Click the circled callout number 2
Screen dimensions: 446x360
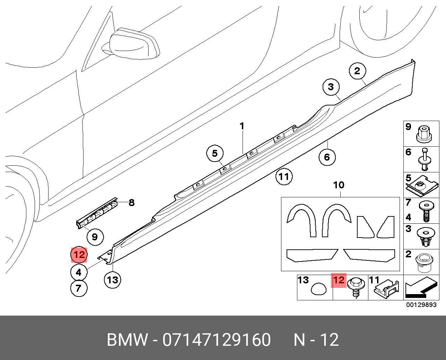coord(357,71)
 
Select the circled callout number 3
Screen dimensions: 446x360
coord(331,87)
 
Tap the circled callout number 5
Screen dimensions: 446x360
coord(215,153)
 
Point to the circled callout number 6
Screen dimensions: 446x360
coord(327,157)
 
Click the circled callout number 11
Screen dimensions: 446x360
coord(284,177)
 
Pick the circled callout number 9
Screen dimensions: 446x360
coord(95,237)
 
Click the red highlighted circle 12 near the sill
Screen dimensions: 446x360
coord(79,255)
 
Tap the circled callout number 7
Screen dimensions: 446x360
coord(79,288)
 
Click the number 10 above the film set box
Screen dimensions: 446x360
coord(339,185)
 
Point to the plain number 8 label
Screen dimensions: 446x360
coord(131,202)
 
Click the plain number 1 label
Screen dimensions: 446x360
coord(242,126)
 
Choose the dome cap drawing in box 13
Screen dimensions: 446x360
coord(318,289)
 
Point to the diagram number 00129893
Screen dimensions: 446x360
coord(421,305)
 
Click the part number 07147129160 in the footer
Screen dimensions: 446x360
coord(217,340)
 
